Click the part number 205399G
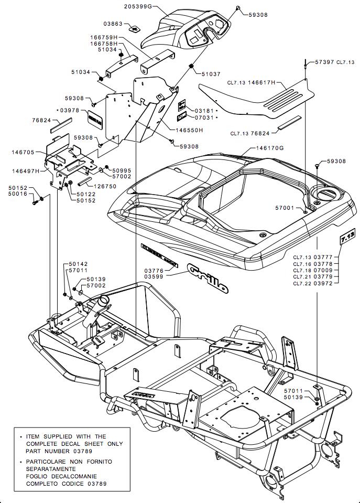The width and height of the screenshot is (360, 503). [138, 6]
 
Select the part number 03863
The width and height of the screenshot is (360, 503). [113, 24]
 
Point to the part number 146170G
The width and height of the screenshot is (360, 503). [269, 148]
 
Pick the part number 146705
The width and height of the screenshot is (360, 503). [23, 152]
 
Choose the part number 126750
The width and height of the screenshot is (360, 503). [105, 186]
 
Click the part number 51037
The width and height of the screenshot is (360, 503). [211, 74]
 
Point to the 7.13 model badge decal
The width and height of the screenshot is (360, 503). [347, 237]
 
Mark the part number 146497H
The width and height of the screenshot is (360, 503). [25, 171]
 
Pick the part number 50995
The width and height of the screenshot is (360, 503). [122, 170]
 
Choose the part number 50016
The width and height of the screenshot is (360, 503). [18, 194]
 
